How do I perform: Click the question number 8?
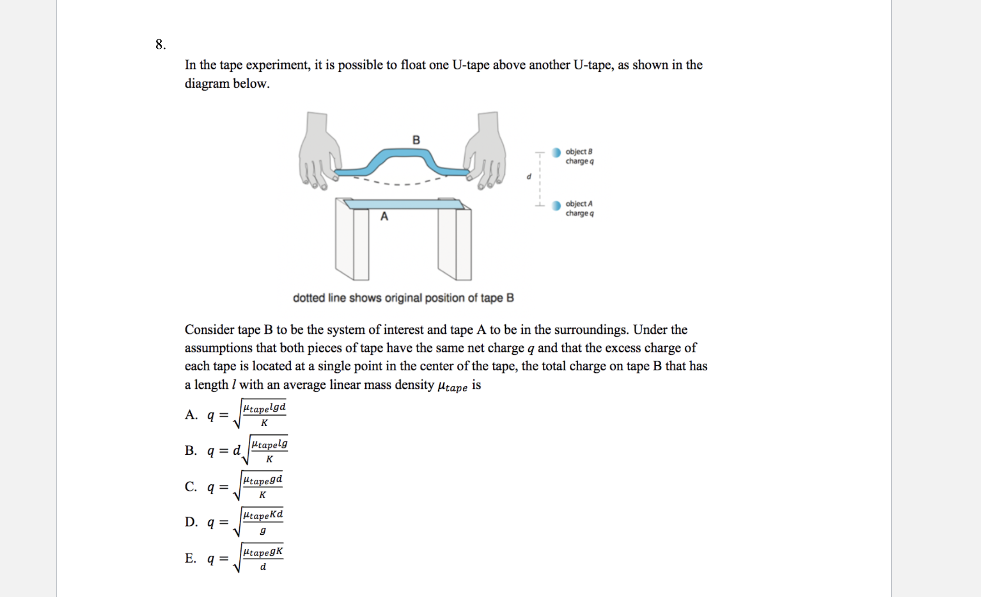[x=160, y=45]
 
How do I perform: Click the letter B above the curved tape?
[x=416, y=140]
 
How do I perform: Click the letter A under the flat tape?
[x=384, y=217]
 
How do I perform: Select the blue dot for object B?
[x=556, y=153]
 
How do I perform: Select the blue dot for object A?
[x=556, y=206]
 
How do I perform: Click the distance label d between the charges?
[x=529, y=176]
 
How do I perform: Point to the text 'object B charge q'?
[x=579, y=156]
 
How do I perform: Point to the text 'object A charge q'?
[x=579, y=209]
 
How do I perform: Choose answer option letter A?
[x=191, y=415]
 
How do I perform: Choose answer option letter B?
[x=191, y=451]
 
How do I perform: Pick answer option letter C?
[x=191, y=487]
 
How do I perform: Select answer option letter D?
[x=191, y=522]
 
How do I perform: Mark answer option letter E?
[x=191, y=558]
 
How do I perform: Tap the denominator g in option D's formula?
[x=263, y=530]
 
